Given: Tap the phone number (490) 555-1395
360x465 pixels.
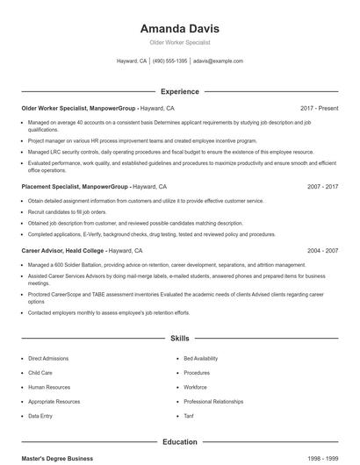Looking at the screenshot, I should (170, 61).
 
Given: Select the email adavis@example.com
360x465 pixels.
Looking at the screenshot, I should (218, 61).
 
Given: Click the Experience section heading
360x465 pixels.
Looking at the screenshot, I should (179, 91).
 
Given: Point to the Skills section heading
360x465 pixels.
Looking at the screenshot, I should (179, 338).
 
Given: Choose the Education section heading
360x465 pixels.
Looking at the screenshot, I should (179, 442).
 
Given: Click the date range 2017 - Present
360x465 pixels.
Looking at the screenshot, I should (319, 108).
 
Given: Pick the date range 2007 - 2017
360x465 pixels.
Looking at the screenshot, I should (322, 187).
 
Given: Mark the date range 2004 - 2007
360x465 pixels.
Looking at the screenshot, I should (322, 251).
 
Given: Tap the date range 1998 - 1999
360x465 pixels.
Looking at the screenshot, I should (322, 459).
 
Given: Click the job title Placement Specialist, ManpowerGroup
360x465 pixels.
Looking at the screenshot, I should (76, 187).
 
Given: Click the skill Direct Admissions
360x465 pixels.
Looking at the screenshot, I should (49, 359).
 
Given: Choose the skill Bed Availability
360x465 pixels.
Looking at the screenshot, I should (202, 359).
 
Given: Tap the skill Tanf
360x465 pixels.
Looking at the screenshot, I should (189, 416).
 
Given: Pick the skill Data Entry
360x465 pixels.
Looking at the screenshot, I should (40, 416).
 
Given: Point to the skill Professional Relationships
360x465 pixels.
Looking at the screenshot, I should (213, 402).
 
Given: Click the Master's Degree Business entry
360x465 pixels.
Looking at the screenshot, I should (57, 459).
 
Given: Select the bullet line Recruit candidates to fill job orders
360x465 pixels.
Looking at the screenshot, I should (67, 212).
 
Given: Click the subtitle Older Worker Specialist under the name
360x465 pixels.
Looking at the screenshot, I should (179, 42).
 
